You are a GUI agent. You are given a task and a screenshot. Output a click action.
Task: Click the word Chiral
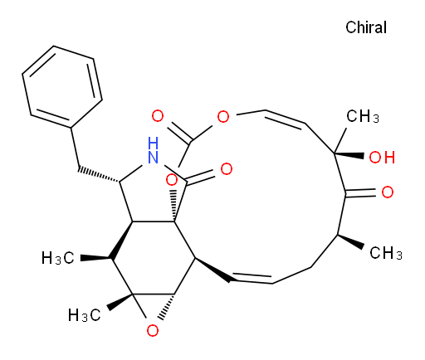pos(366,27)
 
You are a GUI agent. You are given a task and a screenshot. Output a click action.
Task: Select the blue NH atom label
pos(153,150)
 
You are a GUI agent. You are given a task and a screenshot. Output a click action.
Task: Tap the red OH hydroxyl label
pos(382,158)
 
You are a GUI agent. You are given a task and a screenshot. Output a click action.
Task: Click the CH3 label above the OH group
pos(363,116)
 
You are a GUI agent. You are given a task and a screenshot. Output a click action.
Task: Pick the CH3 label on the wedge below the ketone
pos(386,253)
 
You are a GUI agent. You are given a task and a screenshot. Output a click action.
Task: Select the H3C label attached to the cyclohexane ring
pos(58,258)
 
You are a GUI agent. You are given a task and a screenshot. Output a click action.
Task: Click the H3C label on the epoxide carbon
pos(85,315)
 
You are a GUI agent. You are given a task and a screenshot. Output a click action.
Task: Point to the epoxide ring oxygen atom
pos(153,330)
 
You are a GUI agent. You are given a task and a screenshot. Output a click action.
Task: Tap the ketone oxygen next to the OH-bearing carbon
pos(388,192)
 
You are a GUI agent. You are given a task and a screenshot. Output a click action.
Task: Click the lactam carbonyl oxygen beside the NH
pos(227,169)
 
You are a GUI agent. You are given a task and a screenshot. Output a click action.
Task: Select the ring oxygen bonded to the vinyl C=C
pos(223,116)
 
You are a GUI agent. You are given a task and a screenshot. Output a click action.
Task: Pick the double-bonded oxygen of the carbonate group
pos(158,116)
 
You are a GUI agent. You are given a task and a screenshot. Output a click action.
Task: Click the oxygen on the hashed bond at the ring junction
pos(171,180)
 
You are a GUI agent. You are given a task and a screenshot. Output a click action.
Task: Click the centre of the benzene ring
pos(62,87)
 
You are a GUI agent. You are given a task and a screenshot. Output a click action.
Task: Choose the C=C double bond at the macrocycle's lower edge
pos(251,278)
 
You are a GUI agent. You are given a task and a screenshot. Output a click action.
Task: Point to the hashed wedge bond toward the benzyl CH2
pos(99,175)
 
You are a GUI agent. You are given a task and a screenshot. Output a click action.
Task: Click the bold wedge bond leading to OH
pos(349,155)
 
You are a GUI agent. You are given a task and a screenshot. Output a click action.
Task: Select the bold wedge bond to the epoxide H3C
pos(120,302)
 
